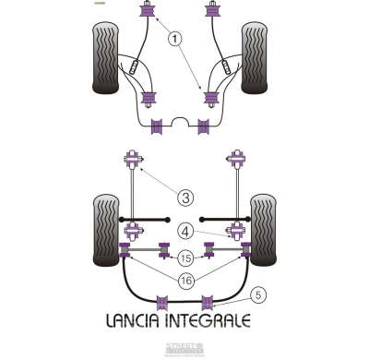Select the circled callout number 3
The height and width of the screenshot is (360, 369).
184,198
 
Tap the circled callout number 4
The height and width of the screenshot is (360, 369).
184,231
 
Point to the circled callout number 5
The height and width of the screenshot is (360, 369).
258,295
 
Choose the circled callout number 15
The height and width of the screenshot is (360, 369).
185,258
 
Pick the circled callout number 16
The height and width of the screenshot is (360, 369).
185,280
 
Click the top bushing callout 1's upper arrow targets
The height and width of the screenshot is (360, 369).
145,13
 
